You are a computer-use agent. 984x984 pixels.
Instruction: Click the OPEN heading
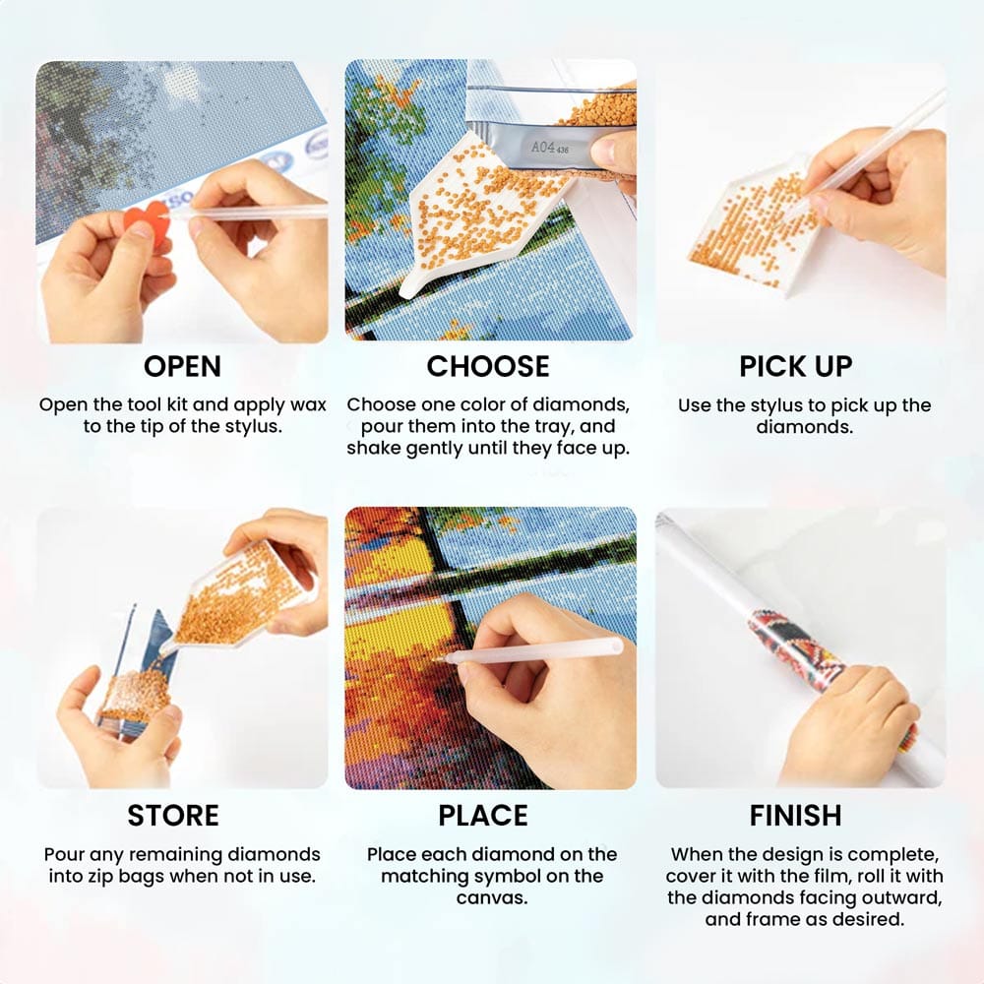point(182,366)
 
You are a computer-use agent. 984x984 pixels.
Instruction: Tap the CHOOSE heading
point(488,366)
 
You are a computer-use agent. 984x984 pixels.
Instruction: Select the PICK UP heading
point(796,366)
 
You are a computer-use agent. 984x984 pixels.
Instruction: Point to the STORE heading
point(173,815)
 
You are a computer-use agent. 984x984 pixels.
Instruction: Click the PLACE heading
point(482,815)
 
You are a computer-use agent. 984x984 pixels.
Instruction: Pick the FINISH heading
point(796,815)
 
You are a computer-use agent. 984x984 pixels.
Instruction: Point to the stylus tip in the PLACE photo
point(436,659)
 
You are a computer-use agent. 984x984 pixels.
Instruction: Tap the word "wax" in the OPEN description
point(307,405)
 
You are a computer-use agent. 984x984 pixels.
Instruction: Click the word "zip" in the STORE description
point(151,877)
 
